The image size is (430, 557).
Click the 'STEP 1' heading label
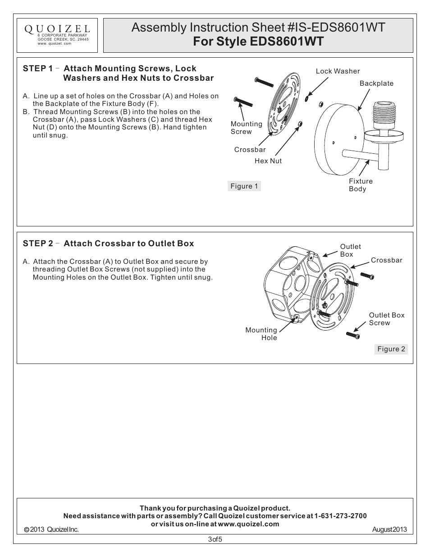point(38,69)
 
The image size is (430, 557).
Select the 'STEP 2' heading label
point(38,244)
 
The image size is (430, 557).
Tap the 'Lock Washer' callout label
point(338,71)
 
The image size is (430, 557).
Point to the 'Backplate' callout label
point(376,83)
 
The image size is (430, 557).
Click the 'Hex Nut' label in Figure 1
point(268,161)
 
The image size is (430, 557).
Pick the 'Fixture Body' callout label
point(361,185)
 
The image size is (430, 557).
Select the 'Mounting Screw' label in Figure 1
point(246,128)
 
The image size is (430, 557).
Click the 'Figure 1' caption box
point(244,186)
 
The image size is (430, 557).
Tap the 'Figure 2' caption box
point(391,349)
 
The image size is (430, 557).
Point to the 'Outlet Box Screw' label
point(386,319)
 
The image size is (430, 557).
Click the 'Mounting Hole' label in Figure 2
point(261,334)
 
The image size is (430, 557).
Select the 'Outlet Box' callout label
point(350,250)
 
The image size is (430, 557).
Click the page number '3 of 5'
point(215,539)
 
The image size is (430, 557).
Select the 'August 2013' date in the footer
point(389,529)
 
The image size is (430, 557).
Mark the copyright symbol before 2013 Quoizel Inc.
point(26,530)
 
